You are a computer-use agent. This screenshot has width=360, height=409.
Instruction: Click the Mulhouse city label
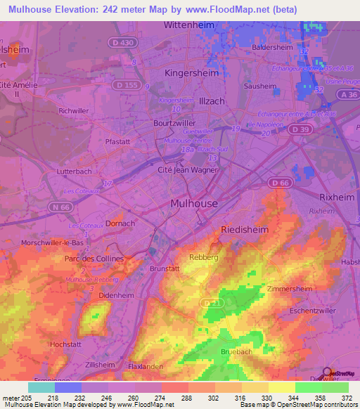[195, 203]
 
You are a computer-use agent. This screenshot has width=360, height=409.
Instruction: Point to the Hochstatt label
[67, 344]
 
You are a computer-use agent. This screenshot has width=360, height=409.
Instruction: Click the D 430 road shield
[122, 44]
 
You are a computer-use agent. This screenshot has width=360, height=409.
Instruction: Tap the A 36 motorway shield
[346, 94]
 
